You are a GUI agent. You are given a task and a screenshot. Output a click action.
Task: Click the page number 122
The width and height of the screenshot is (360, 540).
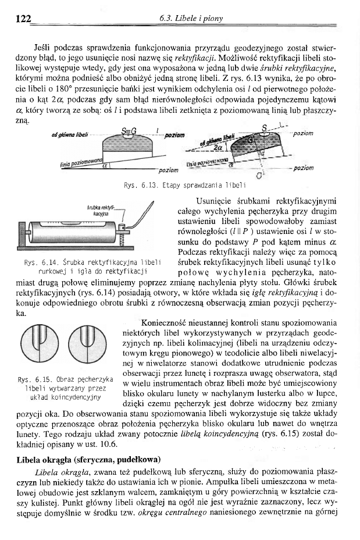(23, 19)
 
